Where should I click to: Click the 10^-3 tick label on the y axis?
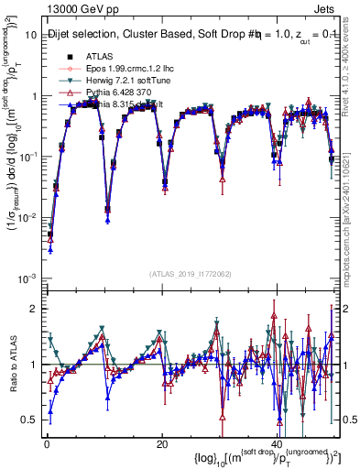click(x=27, y=278)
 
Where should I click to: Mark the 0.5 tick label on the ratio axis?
click(x=31, y=420)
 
